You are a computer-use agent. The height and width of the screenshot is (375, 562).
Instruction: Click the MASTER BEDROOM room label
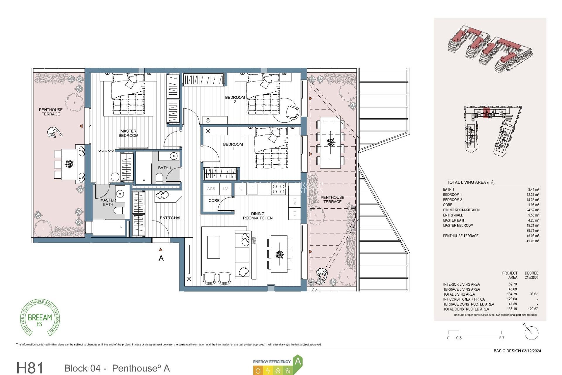coord(128,133)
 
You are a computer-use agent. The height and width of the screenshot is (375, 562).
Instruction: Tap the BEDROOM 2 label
coord(235,99)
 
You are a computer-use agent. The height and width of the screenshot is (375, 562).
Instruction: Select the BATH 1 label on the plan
coord(165,168)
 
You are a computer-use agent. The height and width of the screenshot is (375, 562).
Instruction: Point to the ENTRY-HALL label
coord(172,218)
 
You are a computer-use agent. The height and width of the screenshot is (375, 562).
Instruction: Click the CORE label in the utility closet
coord(214,201)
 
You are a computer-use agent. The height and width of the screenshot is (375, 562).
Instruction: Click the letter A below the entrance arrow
coord(161,258)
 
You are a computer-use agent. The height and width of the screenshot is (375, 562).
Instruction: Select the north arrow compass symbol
coord(530,332)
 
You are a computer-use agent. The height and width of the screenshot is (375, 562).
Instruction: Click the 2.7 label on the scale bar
coord(501,338)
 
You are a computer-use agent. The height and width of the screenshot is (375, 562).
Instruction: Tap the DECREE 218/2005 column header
coord(531,275)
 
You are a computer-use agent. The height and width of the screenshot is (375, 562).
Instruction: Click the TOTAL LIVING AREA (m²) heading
coord(470,182)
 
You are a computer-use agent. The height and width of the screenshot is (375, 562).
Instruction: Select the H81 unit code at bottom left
coord(30,368)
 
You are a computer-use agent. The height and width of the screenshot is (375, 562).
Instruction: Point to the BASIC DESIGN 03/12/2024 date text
coord(517,351)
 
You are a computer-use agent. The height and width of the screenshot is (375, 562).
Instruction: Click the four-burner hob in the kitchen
coord(278,189)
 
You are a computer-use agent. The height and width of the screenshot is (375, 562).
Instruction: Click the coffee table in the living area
coord(214,247)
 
